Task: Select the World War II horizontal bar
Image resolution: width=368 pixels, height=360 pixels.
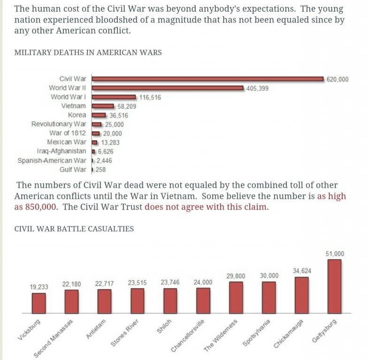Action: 167,88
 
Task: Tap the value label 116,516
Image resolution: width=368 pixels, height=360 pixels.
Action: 150,97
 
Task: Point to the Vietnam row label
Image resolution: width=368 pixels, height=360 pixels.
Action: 74,106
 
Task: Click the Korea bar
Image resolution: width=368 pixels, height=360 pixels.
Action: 99,115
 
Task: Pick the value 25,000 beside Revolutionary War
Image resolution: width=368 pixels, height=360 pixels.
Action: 114,124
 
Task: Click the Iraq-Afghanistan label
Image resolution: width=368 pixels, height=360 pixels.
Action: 61,151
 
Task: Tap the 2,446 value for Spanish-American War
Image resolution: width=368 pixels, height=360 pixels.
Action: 104,160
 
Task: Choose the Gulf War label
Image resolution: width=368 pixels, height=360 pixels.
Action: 73,169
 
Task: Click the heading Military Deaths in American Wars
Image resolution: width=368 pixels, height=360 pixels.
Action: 88,52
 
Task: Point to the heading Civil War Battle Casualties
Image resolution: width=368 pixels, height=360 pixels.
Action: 74,229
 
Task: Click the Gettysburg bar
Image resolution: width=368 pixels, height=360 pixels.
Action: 334,286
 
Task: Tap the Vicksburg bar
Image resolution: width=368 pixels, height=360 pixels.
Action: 39,303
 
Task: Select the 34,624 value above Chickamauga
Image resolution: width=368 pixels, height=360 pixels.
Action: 302,271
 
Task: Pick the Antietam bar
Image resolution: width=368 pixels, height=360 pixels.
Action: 104,301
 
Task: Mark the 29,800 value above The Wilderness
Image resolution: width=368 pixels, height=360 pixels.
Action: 236,276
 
